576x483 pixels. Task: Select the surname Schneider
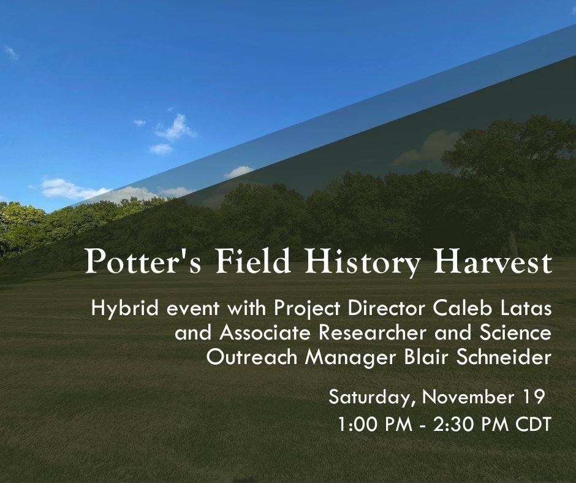click(x=507, y=359)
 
